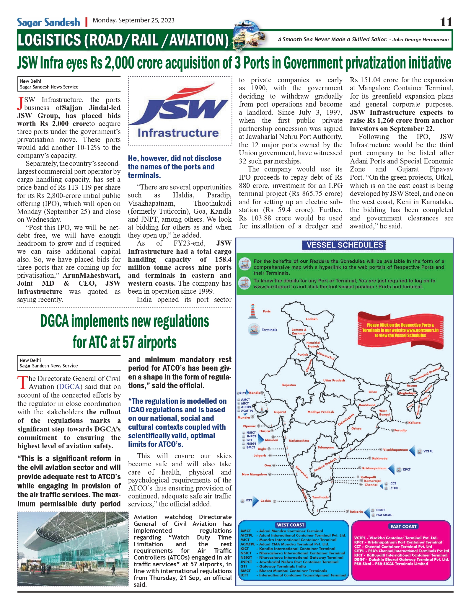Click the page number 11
tap(446, 22)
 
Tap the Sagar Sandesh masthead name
tap(48, 22)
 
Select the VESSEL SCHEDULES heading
tap(345, 245)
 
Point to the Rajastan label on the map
tap(289, 385)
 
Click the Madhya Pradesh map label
tap(320, 412)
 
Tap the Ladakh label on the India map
tap(312, 319)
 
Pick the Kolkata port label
tap(415, 423)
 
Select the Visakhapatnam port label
tap(395, 450)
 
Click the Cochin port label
tap(265, 501)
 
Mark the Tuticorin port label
tap(356, 512)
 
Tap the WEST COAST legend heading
tap(291, 525)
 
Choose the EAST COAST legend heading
tap(403, 526)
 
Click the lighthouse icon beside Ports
tap(252, 311)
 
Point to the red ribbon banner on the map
tap(400, 330)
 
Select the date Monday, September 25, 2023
tap(133, 20)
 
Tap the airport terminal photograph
tap(73, 549)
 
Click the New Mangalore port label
tap(254, 474)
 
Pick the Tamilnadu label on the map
tap(320, 497)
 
